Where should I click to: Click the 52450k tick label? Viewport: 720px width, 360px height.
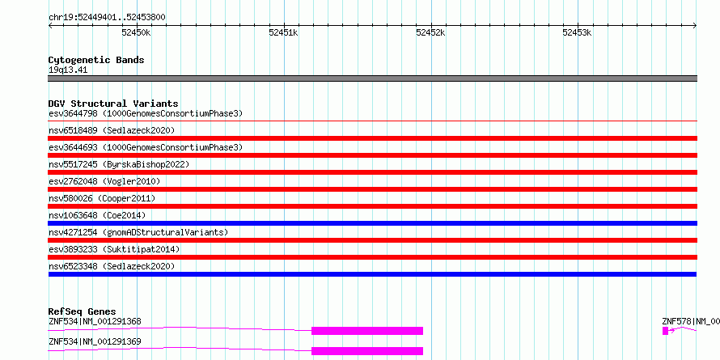pyautogui.click(x=136, y=32)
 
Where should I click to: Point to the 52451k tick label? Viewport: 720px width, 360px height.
pyautogui.click(x=283, y=32)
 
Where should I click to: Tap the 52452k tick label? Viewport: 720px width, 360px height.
pyautogui.click(x=430, y=32)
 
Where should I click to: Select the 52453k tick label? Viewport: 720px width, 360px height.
pyautogui.click(x=577, y=32)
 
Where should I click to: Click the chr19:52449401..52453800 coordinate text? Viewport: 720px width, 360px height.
pyautogui.click(x=107, y=18)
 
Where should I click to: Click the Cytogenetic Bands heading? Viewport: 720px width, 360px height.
pyautogui.click(x=96, y=60)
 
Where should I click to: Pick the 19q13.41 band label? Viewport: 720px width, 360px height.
pyautogui.click(x=68, y=70)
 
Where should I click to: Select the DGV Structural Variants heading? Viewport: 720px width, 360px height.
pyautogui.click(x=113, y=104)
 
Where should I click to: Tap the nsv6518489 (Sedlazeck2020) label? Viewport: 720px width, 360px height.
pyautogui.click(x=112, y=130)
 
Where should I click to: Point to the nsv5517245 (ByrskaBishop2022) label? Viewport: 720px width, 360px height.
pyautogui.click(x=119, y=164)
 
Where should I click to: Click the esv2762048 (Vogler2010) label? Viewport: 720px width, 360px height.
pyautogui.click(x=104, y=181)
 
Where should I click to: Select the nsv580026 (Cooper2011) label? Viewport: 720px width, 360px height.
pyautogui.click(x=102, y=198)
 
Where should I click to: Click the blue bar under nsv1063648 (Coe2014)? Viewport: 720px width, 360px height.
pyautogui.click(x=373, y=223)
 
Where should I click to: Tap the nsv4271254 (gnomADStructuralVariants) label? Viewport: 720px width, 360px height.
pyautogui.click(x=138, y=232)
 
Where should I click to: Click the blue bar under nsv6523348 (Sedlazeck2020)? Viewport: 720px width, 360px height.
pyautogui.click(x=372, y=274)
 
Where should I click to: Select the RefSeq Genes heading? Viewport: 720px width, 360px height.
pyautogui.click(x=83, y=311)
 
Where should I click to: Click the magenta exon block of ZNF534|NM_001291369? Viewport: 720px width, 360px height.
pyautogui.click(x=367, y=351)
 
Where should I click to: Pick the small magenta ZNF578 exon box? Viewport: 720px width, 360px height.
pyautogui.click(x=665, y=331)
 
